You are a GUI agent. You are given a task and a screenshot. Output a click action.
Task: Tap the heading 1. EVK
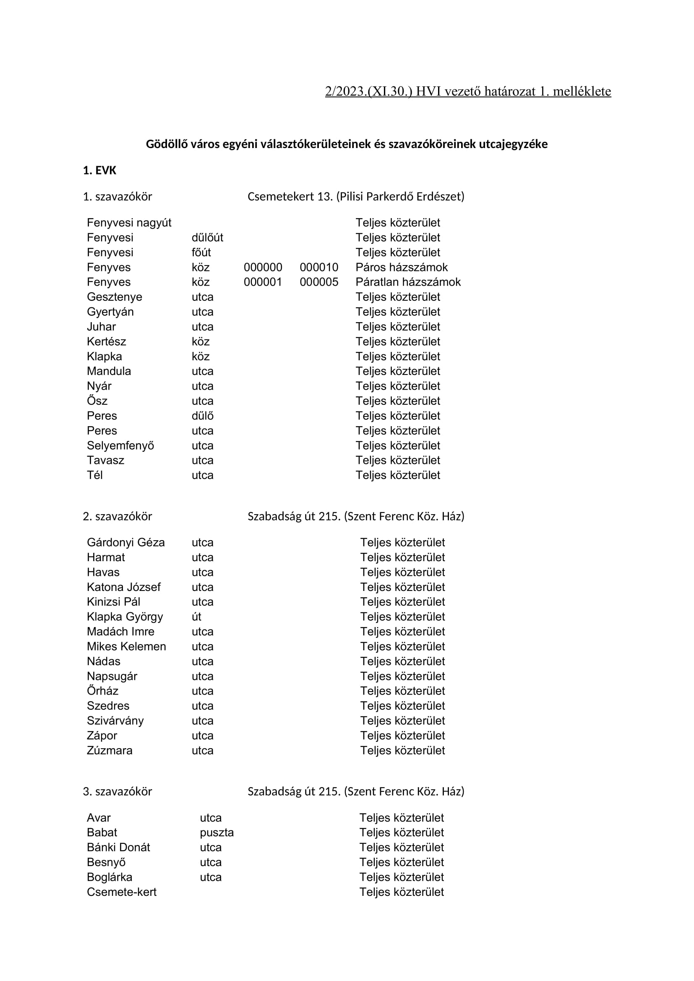99,170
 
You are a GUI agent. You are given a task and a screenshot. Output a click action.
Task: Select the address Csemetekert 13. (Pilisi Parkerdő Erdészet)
355,197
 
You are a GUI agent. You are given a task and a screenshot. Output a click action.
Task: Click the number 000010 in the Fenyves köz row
319,268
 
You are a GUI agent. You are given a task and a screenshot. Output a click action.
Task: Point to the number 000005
319,282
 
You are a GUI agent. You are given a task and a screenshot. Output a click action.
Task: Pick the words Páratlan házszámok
408,282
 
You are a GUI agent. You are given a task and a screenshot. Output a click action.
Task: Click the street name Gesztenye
114,297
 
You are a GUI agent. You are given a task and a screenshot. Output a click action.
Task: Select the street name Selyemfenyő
120,446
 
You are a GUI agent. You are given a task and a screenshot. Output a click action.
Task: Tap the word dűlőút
207,237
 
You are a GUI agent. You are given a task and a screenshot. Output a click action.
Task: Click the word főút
201,252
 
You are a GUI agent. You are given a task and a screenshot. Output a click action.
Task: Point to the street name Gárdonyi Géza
125,543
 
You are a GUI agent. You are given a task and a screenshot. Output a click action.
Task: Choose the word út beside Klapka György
196,617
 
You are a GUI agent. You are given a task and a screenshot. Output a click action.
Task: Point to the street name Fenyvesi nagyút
129,223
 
